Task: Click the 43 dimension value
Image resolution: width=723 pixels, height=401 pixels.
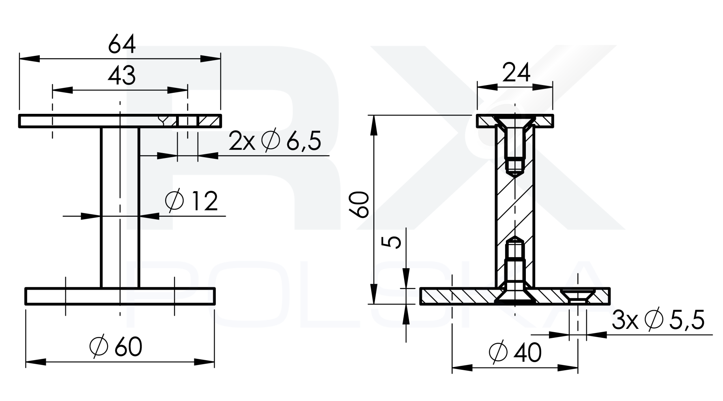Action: [122, 76]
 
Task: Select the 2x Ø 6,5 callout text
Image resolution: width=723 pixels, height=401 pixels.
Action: [275, 141]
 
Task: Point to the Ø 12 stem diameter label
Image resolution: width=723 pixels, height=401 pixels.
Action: [192, 201]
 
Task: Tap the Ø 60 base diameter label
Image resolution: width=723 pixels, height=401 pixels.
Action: [116, 347]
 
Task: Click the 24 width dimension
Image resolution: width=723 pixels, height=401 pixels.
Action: [516, 73]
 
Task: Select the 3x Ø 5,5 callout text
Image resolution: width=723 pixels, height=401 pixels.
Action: [658, 320]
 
